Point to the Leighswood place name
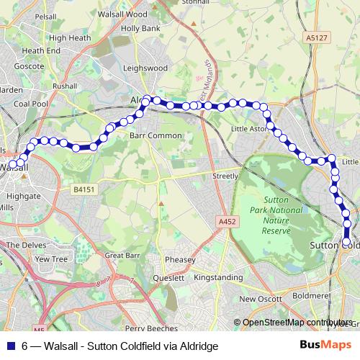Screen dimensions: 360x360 [x=145, y=68]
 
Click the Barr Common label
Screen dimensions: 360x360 [x=156, y=135]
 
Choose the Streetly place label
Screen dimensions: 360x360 [x=225, y=176]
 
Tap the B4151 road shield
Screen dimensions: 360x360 [x=84, y=189]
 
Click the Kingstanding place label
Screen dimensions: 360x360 [x=229, y=277]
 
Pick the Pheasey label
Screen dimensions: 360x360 [x=180, y=260]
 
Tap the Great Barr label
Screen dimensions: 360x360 [x=122, y=256]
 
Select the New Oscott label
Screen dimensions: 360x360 [x=258, y=299]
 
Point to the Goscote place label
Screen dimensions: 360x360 [x=30, y=66]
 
